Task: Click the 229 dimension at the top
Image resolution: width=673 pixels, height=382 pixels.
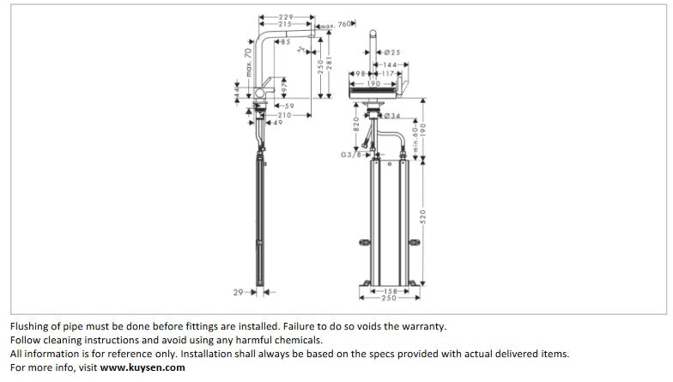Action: [x=287, y=17]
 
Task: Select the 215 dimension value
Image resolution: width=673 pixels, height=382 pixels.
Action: [x=286, y=25]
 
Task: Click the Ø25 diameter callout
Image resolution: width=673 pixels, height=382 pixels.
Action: [x=391, y=53]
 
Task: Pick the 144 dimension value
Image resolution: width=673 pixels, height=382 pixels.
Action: [x=391, y=65]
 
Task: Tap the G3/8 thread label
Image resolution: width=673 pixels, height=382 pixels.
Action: [x=351, y=155]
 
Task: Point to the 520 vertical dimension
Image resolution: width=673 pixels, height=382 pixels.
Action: [x=422, y=217]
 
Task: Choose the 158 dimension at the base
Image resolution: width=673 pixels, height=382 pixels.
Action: [x=391, y=291]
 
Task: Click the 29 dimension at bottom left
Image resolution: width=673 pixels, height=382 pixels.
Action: [x=239, y=293]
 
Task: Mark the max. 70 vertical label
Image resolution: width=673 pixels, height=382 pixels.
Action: [x=248, y=65]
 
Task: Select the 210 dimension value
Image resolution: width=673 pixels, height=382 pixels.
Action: [x=284, y=115]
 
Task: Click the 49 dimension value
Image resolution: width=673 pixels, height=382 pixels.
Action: [x=277, y=123]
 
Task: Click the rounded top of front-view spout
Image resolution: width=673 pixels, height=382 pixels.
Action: [x=374, y=33]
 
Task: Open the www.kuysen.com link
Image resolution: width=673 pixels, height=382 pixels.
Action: [x=142, y=367]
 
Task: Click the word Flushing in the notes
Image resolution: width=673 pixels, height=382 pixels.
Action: [x=30, y=326]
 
